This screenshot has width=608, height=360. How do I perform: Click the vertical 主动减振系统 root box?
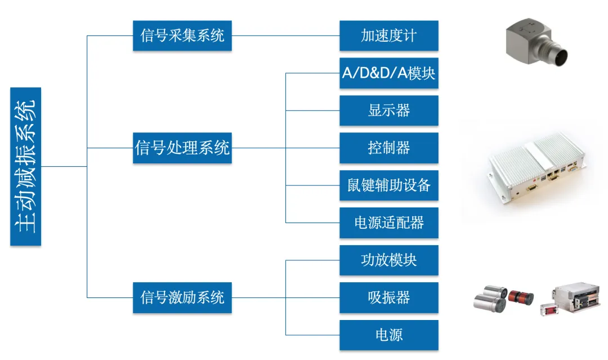coord(26,166)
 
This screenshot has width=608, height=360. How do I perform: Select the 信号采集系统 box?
coord(182,35)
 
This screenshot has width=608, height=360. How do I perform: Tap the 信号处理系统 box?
coord(182,148)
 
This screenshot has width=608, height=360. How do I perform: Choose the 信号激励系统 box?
coord(182,297)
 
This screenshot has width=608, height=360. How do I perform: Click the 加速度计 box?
coord(388,35)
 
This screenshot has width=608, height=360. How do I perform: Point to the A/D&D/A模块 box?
coord(388,73)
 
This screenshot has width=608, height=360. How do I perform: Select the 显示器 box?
coord(388,110)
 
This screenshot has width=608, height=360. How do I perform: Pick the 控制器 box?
coord(388,148)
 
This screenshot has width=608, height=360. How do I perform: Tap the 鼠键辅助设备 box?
coord(388,185)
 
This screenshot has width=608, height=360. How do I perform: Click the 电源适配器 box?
coord(388,223)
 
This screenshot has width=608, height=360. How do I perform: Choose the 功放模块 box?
coord(388,260)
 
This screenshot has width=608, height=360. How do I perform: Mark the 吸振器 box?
coord(388,297)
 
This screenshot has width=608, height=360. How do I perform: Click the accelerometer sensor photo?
coord(535,42)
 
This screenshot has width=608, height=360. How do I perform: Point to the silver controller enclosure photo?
coord(535,169)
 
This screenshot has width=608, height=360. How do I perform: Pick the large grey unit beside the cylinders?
coord(577,297)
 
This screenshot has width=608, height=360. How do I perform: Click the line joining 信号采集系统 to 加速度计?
coord(285,35)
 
